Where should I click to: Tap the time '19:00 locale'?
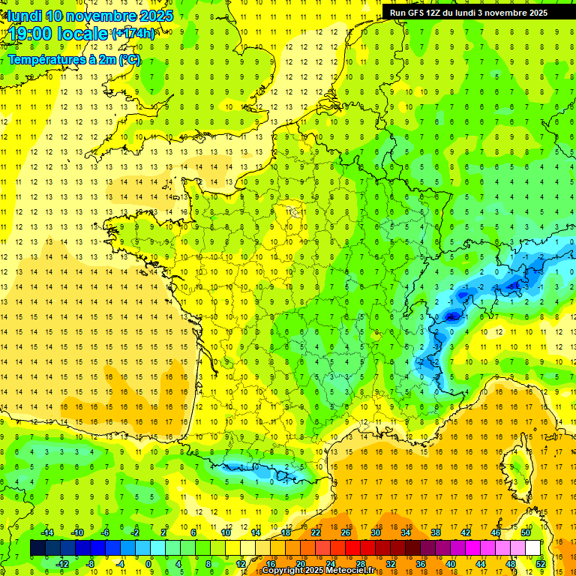(58, 33)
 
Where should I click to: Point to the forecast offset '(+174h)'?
(133, 33)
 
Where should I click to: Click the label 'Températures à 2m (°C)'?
(74, 59)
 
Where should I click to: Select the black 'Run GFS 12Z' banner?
(469, 12)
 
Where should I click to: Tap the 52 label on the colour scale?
(541, 563)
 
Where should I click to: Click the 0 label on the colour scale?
(149, 563)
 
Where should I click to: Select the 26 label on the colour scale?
(346, 532)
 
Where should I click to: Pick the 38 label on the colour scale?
(436, 532)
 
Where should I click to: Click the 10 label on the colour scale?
(225, 532)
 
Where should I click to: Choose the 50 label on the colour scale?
(526, 532)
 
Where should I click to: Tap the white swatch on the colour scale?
(533, 547)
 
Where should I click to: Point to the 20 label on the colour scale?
(300, 563)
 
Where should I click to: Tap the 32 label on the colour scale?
(391, 563)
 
